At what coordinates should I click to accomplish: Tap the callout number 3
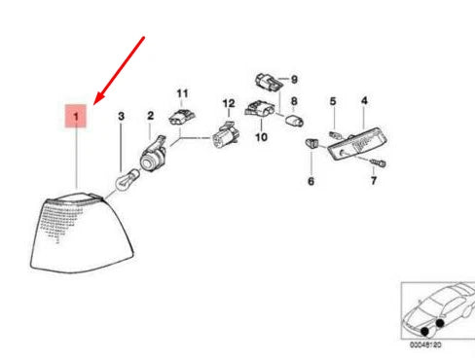pyautogui.click(x=122, y=117)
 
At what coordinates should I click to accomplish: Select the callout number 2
pyautogui.click(x=151, y=117)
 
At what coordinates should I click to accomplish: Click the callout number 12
pyautogui.click(x=229, y=102)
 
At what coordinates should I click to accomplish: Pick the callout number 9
pyautogui.click(x=295, y=77)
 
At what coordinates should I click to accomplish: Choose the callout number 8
pyautogui.click(x=295, y=100)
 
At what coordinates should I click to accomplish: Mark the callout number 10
pyautogui.click(x=261, y=138)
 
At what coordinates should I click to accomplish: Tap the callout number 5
pyautogui.click(x=332, y=101)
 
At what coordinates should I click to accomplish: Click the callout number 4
pyautogui.click(x=364, y=100)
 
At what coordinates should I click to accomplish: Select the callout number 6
pyautogui.click(x=311, y=181)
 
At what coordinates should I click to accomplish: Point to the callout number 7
pyautogui.click(x=373, y=182)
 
